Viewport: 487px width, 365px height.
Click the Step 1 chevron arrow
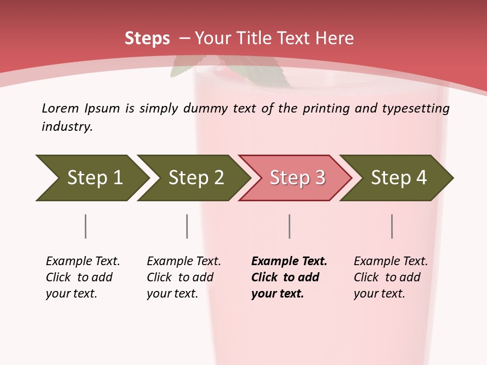coord(91,177)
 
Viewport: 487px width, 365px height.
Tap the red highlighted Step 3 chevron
coord(296,177)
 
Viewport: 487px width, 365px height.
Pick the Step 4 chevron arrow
coord(397,177)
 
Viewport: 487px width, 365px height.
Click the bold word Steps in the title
coord(147,39)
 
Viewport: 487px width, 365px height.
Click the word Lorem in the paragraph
coord(60,108)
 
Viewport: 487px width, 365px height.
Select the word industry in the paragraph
coord(66,126)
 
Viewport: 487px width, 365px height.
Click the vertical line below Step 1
coord(86,226)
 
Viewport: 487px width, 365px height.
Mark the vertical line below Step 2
coord(187,226)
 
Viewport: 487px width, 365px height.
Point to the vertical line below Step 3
coord(290,226)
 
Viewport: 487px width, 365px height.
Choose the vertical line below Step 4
coord(392,226)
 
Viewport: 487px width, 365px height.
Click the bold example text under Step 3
coord(288,277)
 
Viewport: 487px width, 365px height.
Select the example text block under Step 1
coord(82,277)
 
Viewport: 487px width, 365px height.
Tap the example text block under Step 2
coord(183,277)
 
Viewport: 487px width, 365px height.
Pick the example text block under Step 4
coord(390,277)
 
